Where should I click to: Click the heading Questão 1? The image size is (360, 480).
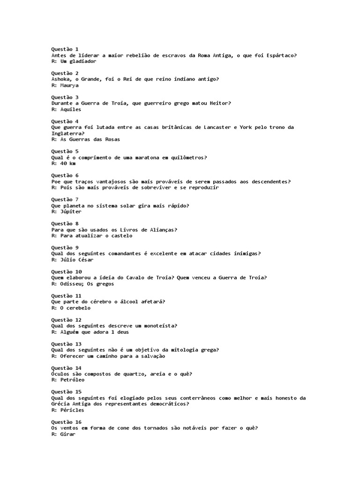tap(65, 49)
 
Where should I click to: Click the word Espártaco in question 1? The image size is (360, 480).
tap(280, 55)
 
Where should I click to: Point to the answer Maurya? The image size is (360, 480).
tap(69, 85)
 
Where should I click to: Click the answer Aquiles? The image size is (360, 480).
tap(71, 109)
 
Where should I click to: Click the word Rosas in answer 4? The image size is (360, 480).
tap(111, 139)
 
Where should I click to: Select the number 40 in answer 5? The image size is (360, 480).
tap(63, 163)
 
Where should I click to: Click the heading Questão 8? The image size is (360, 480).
tap(65, 224)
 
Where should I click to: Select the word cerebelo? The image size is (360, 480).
tap(78, 308)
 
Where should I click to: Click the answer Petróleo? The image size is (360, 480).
tap(72, 380)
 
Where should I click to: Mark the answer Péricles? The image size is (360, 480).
tap(72, 410)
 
